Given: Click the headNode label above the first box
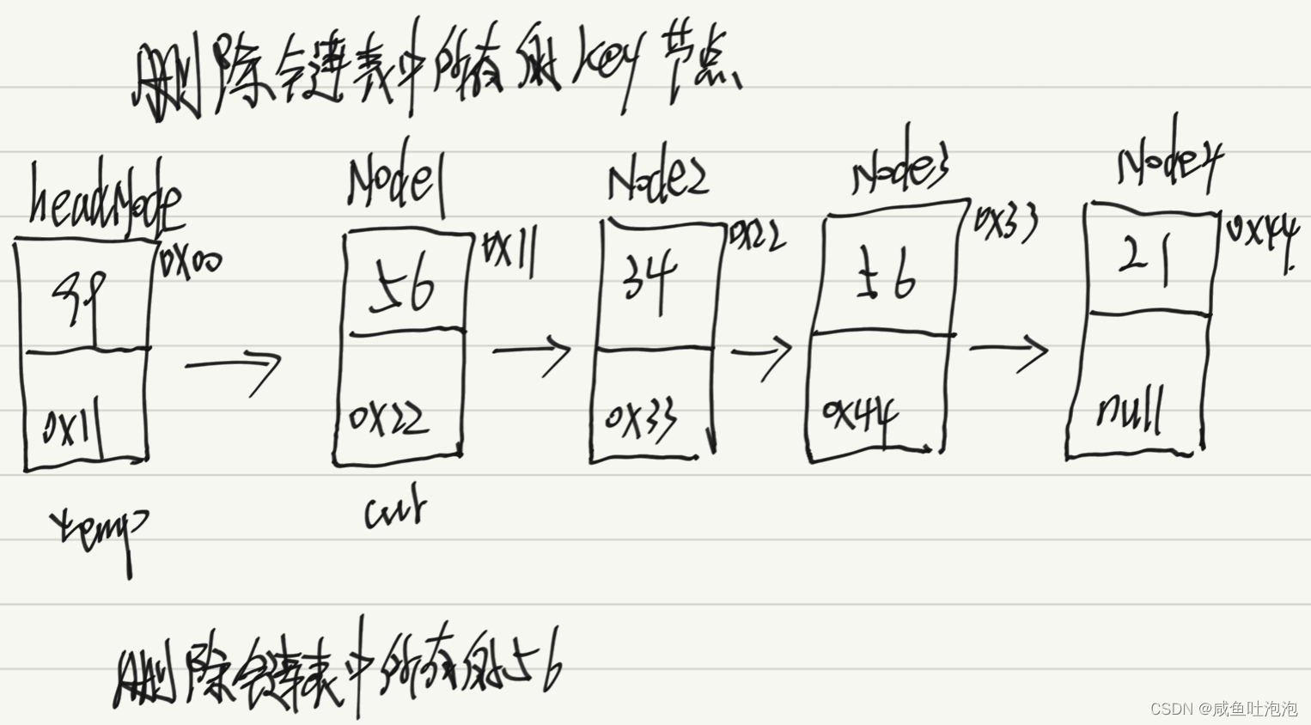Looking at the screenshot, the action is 105,199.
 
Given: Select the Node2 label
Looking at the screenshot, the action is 657,181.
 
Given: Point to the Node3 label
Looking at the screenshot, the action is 900,170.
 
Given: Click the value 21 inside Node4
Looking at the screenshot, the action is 1146,259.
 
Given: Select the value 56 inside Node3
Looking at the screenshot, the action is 885,277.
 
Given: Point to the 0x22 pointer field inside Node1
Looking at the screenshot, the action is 388,419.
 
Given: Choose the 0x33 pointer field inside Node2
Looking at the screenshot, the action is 641,418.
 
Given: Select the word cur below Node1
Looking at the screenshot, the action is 394,510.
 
